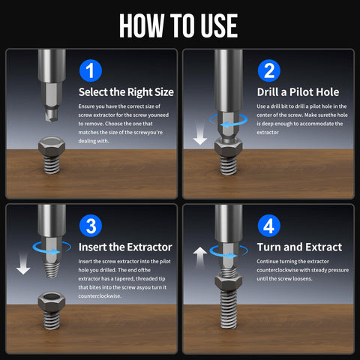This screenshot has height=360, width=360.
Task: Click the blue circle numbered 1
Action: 91,70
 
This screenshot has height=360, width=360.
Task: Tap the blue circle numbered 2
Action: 269,70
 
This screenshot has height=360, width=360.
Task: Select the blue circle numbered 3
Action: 91,226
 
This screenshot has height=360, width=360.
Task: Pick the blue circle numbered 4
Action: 269,226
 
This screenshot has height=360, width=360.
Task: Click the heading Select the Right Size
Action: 126,92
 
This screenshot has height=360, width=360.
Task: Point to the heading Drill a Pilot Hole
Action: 298,92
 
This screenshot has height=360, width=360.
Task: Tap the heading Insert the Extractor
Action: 125,247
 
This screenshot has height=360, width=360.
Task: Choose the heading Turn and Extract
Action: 299,247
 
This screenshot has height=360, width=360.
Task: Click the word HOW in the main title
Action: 141,25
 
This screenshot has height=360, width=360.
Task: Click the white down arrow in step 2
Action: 200,135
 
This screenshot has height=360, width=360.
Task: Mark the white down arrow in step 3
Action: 23,264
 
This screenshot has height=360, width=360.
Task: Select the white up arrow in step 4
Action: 200,257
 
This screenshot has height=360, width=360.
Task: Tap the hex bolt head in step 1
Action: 52,147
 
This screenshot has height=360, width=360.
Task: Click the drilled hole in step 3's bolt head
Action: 52,297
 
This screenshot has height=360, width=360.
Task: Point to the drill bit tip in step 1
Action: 52,114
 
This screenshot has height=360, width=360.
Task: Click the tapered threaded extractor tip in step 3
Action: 52,269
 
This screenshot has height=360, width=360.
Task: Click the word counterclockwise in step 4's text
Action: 277,270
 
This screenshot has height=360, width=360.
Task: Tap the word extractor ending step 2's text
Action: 268,133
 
